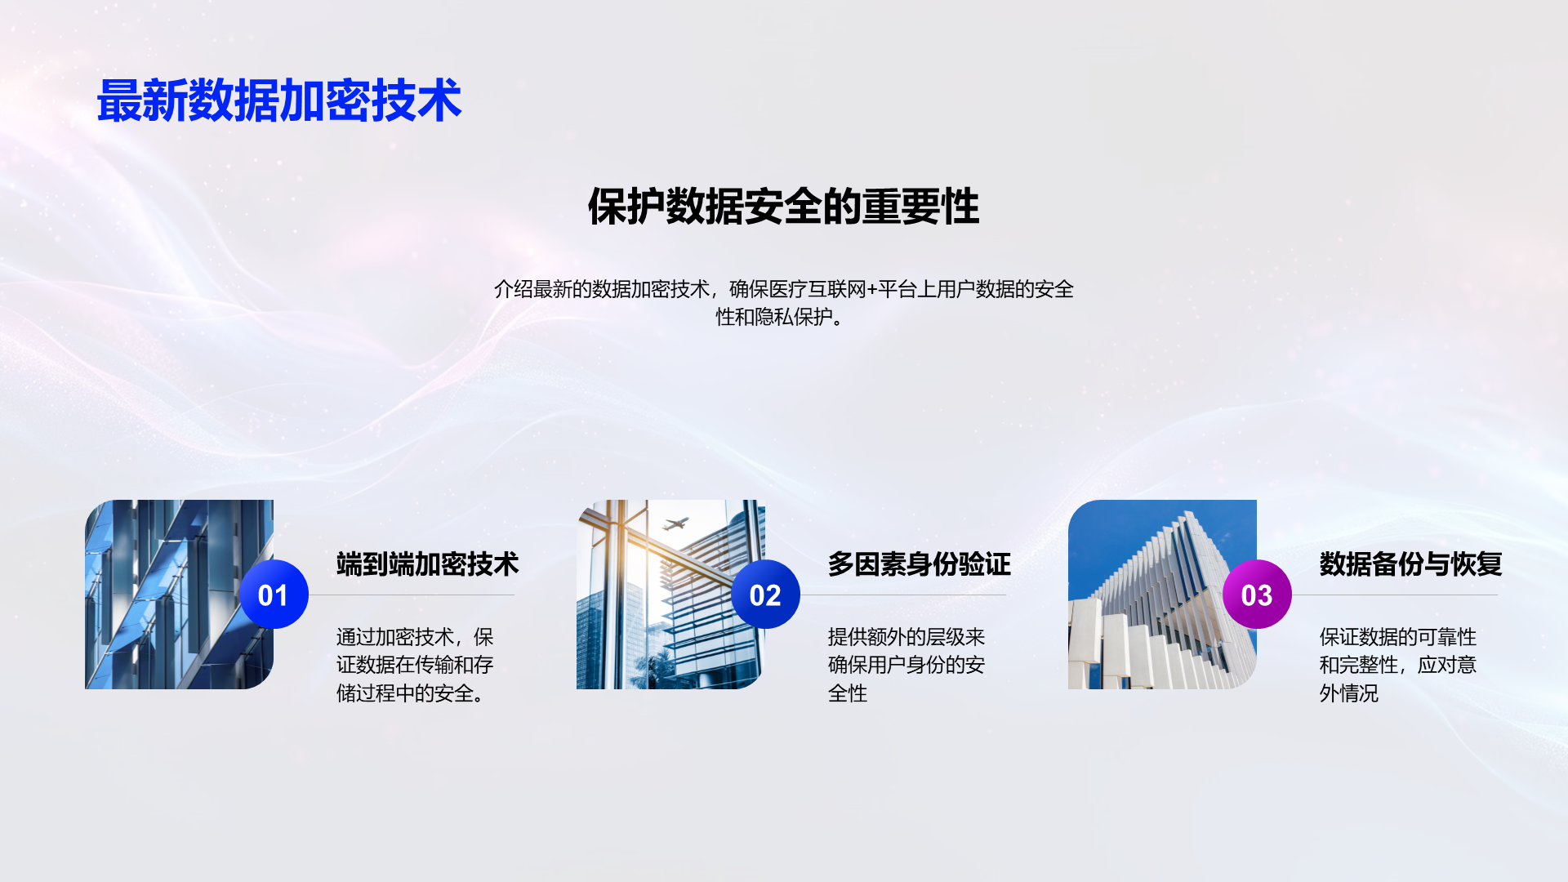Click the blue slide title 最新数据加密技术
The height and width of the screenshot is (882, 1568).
coord(279,101)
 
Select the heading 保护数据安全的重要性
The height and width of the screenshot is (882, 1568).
coord(783,206)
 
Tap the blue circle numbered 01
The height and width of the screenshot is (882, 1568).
coord(274,595)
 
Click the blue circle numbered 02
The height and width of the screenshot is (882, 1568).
coord(765,595)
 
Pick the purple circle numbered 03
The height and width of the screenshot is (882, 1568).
coord(1257,595)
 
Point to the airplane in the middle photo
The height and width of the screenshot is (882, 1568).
coord(675,523)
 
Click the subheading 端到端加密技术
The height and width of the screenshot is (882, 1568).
coord(427,564)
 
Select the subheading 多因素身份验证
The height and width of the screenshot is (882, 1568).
coord(919,564)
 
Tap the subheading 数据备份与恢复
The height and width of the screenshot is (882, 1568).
coord(1410,564)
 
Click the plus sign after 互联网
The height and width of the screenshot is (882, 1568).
coord(871,290)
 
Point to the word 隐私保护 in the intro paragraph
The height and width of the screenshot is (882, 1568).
coord(793,317)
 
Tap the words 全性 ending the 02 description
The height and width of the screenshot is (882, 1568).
coord(848,693)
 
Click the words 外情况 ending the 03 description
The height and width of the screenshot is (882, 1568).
coord(1349,693)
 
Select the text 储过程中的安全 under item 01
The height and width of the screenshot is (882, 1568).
coord(405,693)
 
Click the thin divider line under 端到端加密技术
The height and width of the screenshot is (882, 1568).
coord(412,595)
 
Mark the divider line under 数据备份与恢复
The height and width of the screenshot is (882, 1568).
coord(1395,595)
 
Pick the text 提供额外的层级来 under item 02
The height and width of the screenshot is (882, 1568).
coord(906,637)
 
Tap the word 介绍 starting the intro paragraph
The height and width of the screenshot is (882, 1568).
coord(513,289)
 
